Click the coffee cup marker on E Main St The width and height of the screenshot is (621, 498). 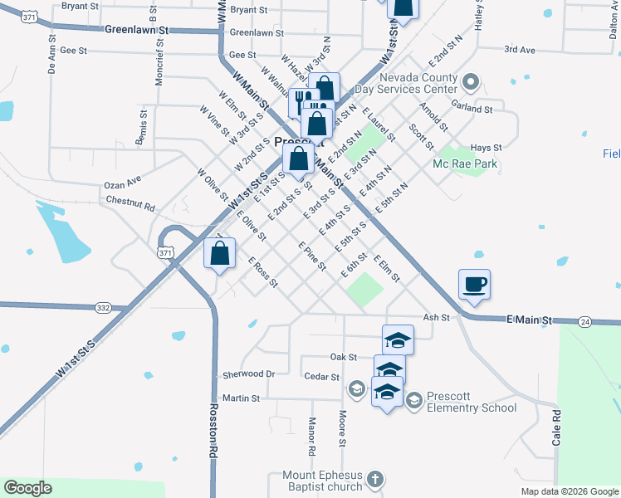click(x=474, y=285)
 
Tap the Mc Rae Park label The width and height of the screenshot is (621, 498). click(x=465, y=164)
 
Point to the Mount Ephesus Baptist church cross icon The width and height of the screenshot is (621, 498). click(x=374, y=481)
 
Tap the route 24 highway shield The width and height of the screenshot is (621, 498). click(x=585, y=321)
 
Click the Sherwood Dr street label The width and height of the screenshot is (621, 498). click(x=248, y=374)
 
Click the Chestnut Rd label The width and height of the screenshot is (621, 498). click(x=130, y=203)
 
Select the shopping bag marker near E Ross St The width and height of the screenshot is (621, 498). click(x=219, y=254)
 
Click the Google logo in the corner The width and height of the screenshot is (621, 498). click(x=27, y=488)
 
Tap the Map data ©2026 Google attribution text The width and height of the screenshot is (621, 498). click(x=570, y=491)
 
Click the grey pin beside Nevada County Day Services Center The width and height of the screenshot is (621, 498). click(x=471, y=81)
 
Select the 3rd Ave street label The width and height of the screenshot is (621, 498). click(x=520, y=50)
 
